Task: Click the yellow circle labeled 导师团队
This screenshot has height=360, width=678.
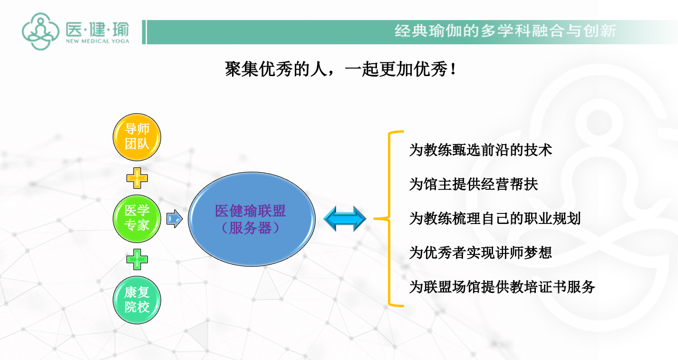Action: coord(137,137)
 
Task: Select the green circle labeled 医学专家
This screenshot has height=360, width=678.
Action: coord(137,218)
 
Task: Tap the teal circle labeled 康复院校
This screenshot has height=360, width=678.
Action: coord(137,300)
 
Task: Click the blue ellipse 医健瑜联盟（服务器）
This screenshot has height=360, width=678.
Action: coord(252,219)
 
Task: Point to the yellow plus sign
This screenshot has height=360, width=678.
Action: coord(137,178)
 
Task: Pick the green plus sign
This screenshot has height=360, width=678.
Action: coord(137,260)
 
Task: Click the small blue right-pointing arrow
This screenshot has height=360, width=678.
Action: coord(174,219)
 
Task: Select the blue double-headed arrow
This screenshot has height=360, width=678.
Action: coord(345,219)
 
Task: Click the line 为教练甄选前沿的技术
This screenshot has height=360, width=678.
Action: coord(481,150)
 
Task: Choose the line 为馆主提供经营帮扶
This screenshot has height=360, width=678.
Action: coord(474,185)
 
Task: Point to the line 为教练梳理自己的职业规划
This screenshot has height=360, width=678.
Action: coord(495,219)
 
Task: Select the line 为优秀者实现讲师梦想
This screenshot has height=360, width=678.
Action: coord(481,253)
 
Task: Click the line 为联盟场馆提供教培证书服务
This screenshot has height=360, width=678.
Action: coord(502,287)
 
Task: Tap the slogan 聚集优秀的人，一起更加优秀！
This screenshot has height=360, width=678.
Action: coord(340,69)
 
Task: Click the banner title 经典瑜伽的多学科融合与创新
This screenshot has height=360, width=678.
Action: coord(505,31)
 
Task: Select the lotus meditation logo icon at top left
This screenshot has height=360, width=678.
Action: coord(40,31)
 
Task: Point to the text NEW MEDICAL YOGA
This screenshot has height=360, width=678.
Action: coord(97,41)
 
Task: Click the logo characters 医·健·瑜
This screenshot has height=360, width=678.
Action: coord(97,29)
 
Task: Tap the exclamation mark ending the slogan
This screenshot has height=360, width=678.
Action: coord(453,69)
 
